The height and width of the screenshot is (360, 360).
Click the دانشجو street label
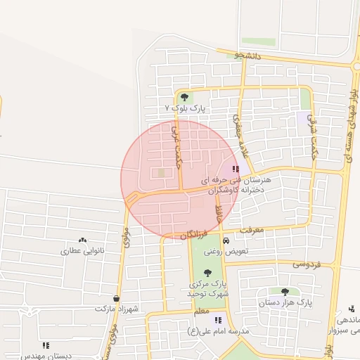pos(250,56)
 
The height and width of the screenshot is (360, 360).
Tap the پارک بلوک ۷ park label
pos(184,109)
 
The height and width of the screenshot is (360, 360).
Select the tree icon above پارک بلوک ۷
pos(184,97)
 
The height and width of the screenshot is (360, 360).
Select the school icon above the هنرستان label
pos(235,169)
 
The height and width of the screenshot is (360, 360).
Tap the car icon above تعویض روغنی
pos(226,240)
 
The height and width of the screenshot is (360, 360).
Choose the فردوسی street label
pos(307,265)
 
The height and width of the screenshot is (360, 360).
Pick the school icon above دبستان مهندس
pos(46,345)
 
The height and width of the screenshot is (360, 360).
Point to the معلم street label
pos(200,310)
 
